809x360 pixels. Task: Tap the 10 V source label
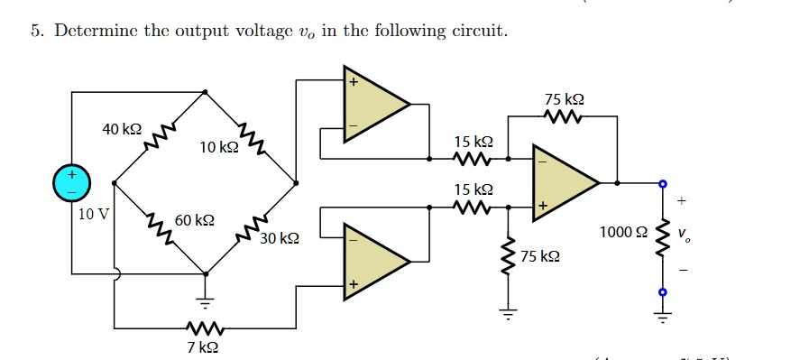click(93, 214)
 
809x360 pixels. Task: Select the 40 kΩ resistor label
click(122, 130)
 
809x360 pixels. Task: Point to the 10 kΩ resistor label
click(219, 147)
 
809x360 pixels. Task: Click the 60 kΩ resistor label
click(194, 220)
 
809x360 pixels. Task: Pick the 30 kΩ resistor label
click(279, 239)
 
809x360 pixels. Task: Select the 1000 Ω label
click(622, 232)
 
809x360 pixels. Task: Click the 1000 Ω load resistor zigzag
click(663, 237)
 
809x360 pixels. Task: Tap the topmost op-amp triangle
click(373, 105)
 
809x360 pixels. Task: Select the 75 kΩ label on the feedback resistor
click(564, 98)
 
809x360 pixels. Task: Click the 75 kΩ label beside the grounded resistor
click(539, 256)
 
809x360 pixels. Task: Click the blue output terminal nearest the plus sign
click(663, 183)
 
